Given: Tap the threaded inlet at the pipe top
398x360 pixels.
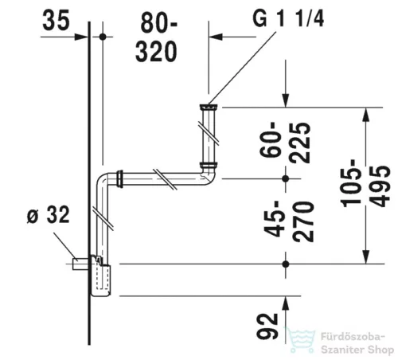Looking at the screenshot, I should click(208, 106).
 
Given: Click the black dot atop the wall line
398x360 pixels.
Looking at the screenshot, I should click(103, 36).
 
